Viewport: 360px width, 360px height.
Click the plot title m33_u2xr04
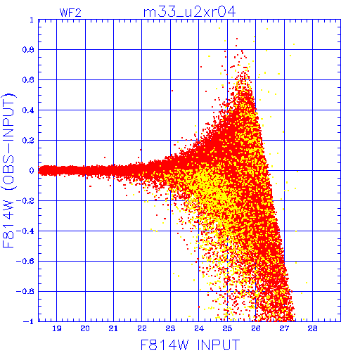[x=189, y=12]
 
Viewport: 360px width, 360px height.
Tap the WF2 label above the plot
[x=70, y=13]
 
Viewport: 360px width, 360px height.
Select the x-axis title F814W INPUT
[x=190, y=345]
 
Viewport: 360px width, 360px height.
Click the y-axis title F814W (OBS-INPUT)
[x=8, y=170]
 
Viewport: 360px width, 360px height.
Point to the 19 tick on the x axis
[x=57, y=328]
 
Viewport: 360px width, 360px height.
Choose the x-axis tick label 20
[x=85, y=328]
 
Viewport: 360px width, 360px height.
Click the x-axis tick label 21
[x=113, y=328]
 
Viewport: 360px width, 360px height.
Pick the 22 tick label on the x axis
[x=142, y=328]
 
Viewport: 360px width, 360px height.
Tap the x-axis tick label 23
[x=170, y=328]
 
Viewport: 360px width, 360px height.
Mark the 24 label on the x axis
[x=199, y=328]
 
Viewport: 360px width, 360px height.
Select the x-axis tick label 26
[x=256, y=328]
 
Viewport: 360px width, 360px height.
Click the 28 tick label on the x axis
[x=313, y=328]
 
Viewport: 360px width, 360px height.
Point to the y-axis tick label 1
[x=32, y=20]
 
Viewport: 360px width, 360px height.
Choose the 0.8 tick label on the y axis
[x=28, y=50]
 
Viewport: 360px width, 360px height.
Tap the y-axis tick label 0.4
[x=28, y=110]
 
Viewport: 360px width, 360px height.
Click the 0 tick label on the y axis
[x=32, y=171]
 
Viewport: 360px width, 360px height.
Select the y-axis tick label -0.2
[x=25, y=201]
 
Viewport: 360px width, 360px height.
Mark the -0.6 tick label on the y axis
[x=25, y=261]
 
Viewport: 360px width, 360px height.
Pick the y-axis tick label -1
[x=29, y=321]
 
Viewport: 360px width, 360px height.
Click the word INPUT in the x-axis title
[x=219, y=345]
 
